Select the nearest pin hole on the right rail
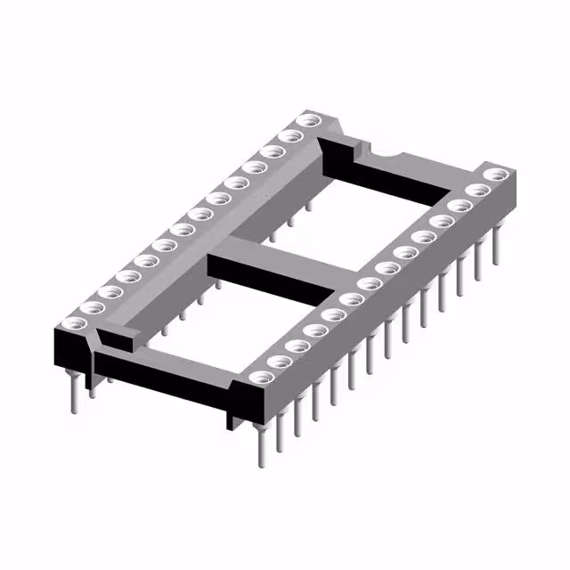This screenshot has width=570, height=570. coord(258,377)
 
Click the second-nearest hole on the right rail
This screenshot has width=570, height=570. coord(278,361)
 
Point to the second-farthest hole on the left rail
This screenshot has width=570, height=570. coord(289,136)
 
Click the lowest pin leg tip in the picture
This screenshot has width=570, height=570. coord(261,462)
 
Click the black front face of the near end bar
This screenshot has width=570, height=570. coord(160,374)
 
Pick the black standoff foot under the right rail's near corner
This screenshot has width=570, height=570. coord(233,410)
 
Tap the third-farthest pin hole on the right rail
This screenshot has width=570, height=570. coord(460,207)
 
